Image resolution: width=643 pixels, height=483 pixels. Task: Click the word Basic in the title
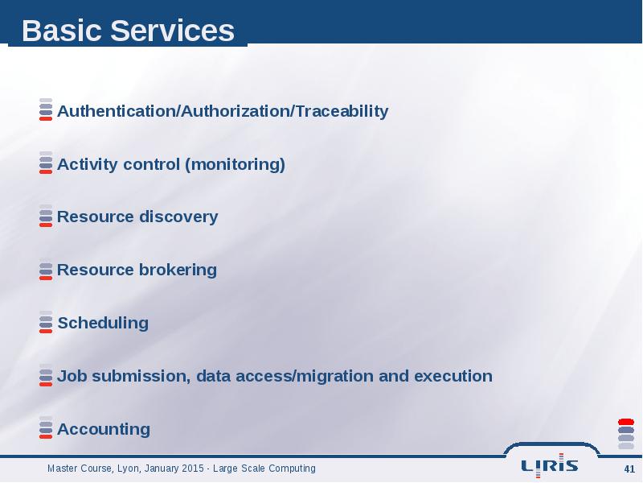(62, 31)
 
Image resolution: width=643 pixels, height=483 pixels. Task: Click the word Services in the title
(172, 31)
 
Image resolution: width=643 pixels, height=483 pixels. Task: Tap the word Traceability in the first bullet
(342, 111)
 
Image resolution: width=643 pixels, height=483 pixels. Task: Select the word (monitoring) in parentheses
(235, 164)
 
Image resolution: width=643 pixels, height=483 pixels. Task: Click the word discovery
(178, 217)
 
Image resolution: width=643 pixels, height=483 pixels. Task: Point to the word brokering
(178, 270)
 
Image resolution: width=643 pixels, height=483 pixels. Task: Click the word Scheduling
(103, 323)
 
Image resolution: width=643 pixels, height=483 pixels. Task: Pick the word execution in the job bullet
(453, 376)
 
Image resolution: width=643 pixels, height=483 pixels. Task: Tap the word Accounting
(104, 429)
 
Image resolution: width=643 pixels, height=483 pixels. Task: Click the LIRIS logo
(550, 466)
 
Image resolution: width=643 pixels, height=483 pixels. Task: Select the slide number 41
(629, 469)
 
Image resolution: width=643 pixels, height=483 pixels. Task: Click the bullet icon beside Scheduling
(46, 323)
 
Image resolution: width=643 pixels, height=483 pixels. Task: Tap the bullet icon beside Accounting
(46, 428)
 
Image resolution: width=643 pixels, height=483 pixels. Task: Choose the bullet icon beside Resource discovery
(46, 216)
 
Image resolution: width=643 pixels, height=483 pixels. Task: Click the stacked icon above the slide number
(626, 434)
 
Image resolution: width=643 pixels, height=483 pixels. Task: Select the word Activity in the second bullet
(88, 164)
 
